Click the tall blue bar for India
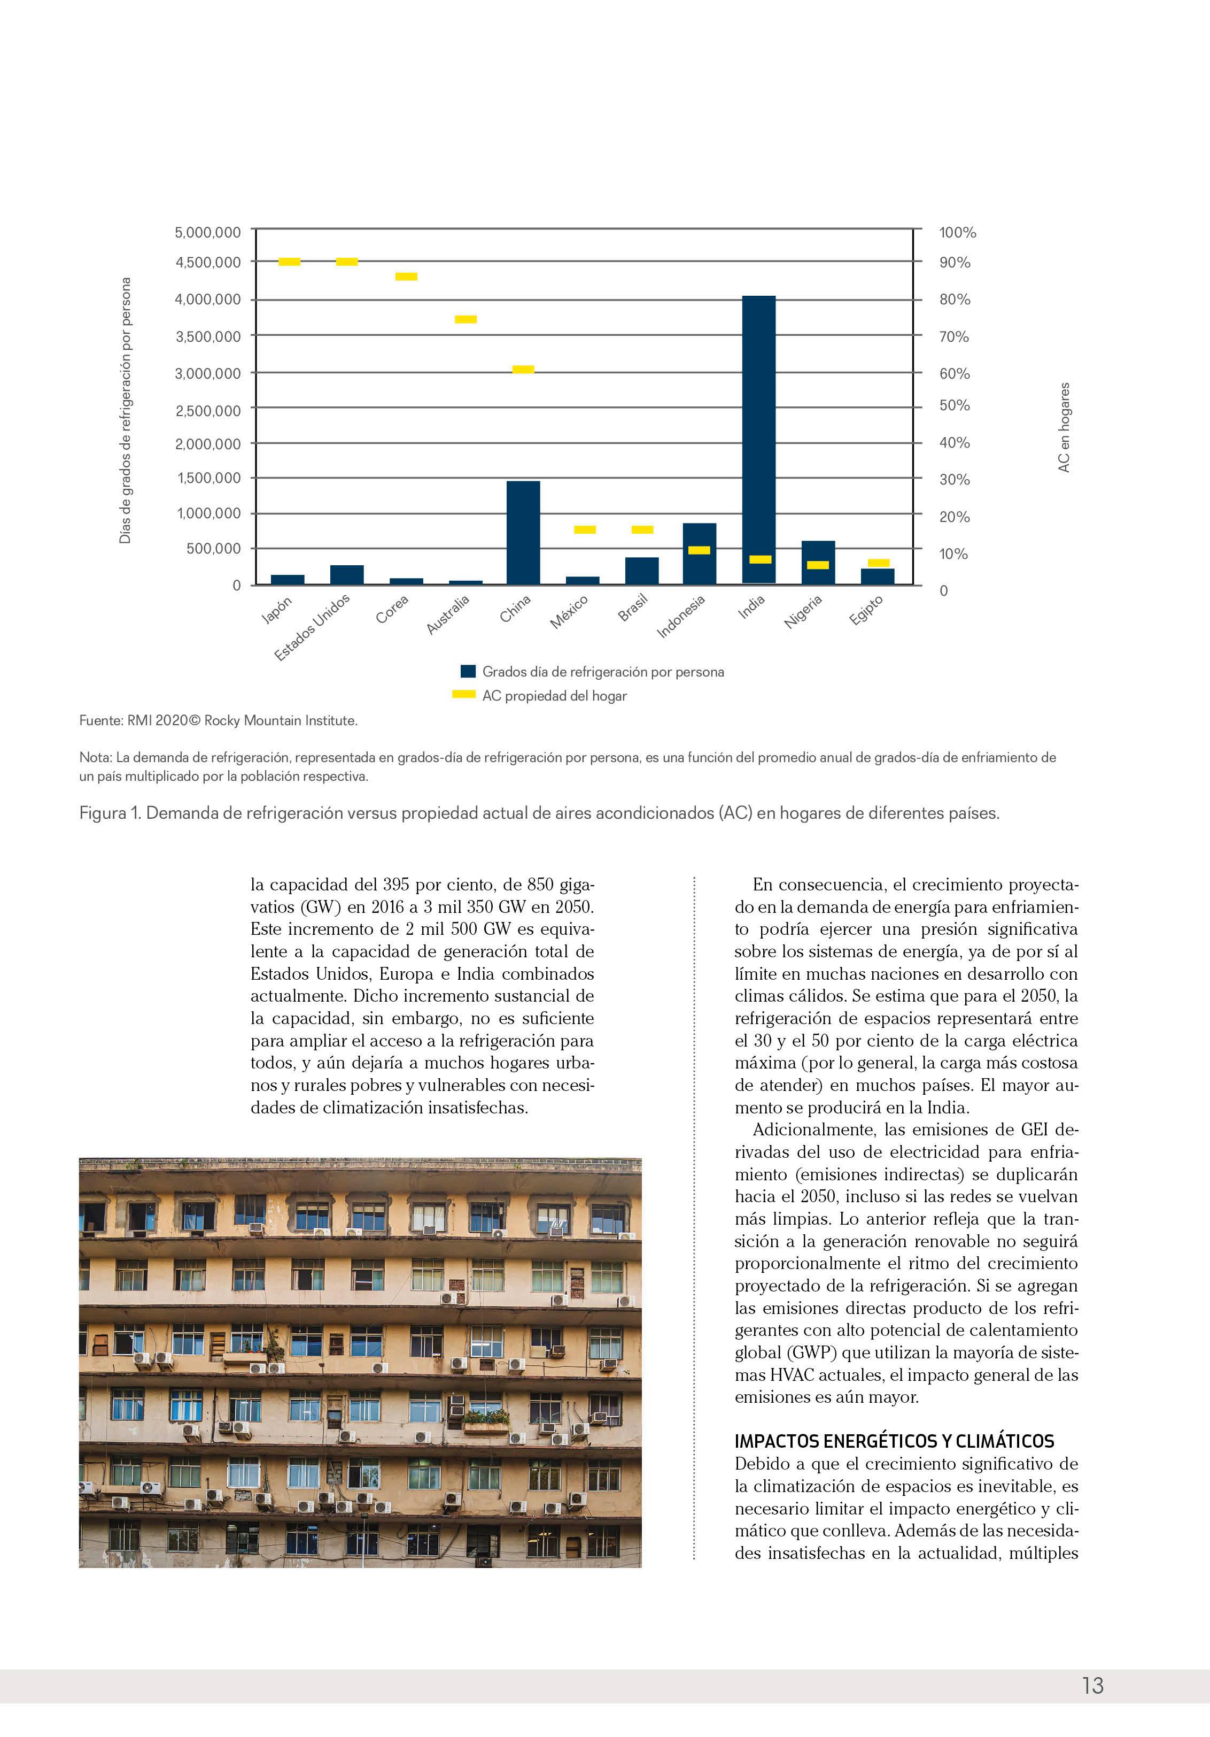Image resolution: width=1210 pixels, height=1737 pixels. (758, 439)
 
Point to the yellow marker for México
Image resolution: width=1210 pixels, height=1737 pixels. (585, 529)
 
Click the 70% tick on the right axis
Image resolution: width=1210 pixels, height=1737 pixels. (953, 337)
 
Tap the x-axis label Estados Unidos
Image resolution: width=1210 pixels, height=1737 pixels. (312, 627)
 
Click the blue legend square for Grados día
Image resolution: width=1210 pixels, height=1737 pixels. (468, 671)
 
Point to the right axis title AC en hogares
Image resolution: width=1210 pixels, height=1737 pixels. (1064, 427)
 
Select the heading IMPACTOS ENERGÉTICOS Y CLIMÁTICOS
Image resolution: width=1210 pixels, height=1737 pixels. (894, 1441)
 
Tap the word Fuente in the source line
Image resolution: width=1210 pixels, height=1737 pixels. (100, 720)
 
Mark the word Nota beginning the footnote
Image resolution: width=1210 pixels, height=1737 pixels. (95, 757)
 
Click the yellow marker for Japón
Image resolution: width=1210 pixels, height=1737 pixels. (290, 262)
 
